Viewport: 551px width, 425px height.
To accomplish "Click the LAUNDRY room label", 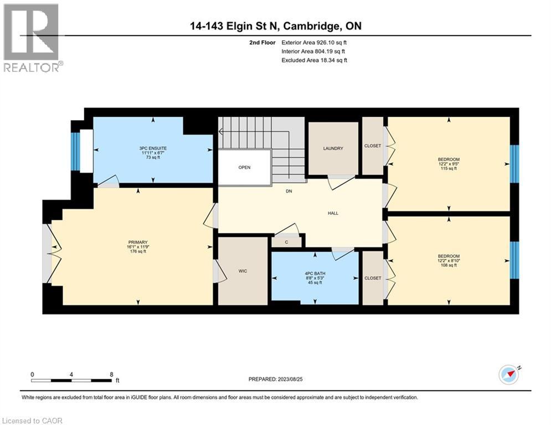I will tap(333, 148).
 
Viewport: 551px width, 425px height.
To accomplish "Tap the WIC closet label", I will tap(242, 271).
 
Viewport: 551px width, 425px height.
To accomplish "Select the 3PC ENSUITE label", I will tap(153, 148).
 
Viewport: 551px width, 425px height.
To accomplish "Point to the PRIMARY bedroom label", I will tap(137, 242).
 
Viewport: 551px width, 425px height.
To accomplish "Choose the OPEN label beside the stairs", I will tap(244, 167).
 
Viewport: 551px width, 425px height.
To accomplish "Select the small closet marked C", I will tap(286, 242).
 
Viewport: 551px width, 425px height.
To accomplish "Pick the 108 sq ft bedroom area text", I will tap(449, 265).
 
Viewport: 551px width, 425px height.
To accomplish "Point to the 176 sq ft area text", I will tap(137, 252).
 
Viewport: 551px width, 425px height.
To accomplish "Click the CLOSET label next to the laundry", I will tap(373, 147).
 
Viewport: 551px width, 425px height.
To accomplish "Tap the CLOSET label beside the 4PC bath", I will tap(373, 278).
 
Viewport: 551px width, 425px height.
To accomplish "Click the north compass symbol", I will tap(509, 375).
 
